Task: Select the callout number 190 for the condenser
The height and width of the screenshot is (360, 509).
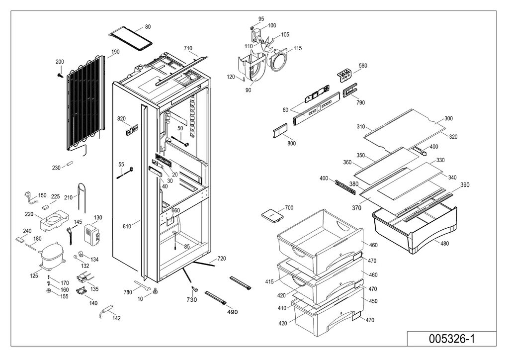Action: (115, 52)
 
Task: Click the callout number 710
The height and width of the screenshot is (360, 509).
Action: (188, 48)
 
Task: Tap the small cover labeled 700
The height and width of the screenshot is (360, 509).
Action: (272, 215)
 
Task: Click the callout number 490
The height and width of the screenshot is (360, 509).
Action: (232, 312)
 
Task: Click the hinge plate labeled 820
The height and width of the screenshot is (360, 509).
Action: (132, 131)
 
